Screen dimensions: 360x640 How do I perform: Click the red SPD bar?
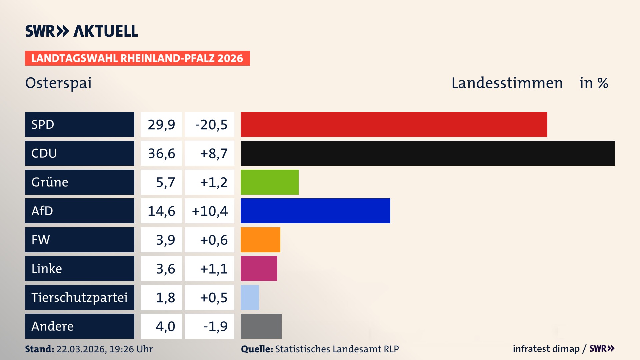tap(394, 124)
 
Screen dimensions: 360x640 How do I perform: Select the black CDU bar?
tap(428, 153)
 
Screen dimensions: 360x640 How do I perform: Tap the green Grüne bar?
tap(269, 182)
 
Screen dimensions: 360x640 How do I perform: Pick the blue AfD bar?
tap(315, 211)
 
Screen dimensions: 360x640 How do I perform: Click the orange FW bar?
tap(260, 240)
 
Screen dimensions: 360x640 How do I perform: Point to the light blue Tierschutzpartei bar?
tap(250, 297)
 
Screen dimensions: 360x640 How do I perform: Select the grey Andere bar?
tap(261, 326)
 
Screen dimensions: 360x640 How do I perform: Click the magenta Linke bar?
tap(259, 268)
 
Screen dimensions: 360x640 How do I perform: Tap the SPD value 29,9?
tap(161, 125)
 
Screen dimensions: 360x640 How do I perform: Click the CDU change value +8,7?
tap(213, 154)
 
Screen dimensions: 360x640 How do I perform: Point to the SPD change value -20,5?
tap(211, 125)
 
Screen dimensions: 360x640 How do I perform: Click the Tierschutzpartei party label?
tap(79, 297)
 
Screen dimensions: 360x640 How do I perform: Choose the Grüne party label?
tap(50, 182)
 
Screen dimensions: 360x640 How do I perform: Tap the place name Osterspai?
tap(58, 83)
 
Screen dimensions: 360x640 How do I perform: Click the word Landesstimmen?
tap(507, 83)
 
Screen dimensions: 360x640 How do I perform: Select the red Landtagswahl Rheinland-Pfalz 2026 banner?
tap(137, 58)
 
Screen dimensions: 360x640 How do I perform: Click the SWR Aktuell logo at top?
tap(82, 31)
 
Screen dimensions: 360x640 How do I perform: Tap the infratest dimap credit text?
tap(546, 349)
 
